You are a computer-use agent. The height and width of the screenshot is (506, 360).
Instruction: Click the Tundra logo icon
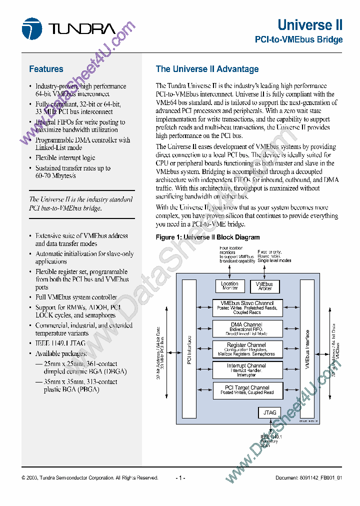click(x=31, y=28)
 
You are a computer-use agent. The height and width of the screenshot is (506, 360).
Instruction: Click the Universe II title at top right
click(x=310, y=25)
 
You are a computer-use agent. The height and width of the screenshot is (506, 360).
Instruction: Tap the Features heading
click(x=46, y=69)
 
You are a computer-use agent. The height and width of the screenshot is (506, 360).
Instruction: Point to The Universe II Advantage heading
click(x=207, y=69)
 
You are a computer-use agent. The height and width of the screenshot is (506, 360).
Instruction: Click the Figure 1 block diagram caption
click(x=207, y=237)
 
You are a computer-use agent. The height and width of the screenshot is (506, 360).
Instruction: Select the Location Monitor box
click(x=229, y=286)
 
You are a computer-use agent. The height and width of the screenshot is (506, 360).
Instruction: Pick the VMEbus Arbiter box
click(x=264, y=286)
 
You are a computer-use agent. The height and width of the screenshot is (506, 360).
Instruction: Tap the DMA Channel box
click(x=247, y=328)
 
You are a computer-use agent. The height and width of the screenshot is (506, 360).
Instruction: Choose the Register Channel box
click(x=247, y=349)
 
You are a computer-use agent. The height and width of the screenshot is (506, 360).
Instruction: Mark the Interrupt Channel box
click(x=247, y=370)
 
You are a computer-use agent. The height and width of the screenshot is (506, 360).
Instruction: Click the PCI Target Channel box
click(x=247, y=390)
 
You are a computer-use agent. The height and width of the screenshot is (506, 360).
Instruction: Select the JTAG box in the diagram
click(x=268, y=412)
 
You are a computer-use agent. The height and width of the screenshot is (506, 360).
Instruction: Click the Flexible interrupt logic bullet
click(x=65, y=158)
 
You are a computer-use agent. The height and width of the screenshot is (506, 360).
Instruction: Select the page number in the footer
click(x=180, y=478)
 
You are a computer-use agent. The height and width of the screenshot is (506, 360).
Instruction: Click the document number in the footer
click(x=308, y=478)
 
